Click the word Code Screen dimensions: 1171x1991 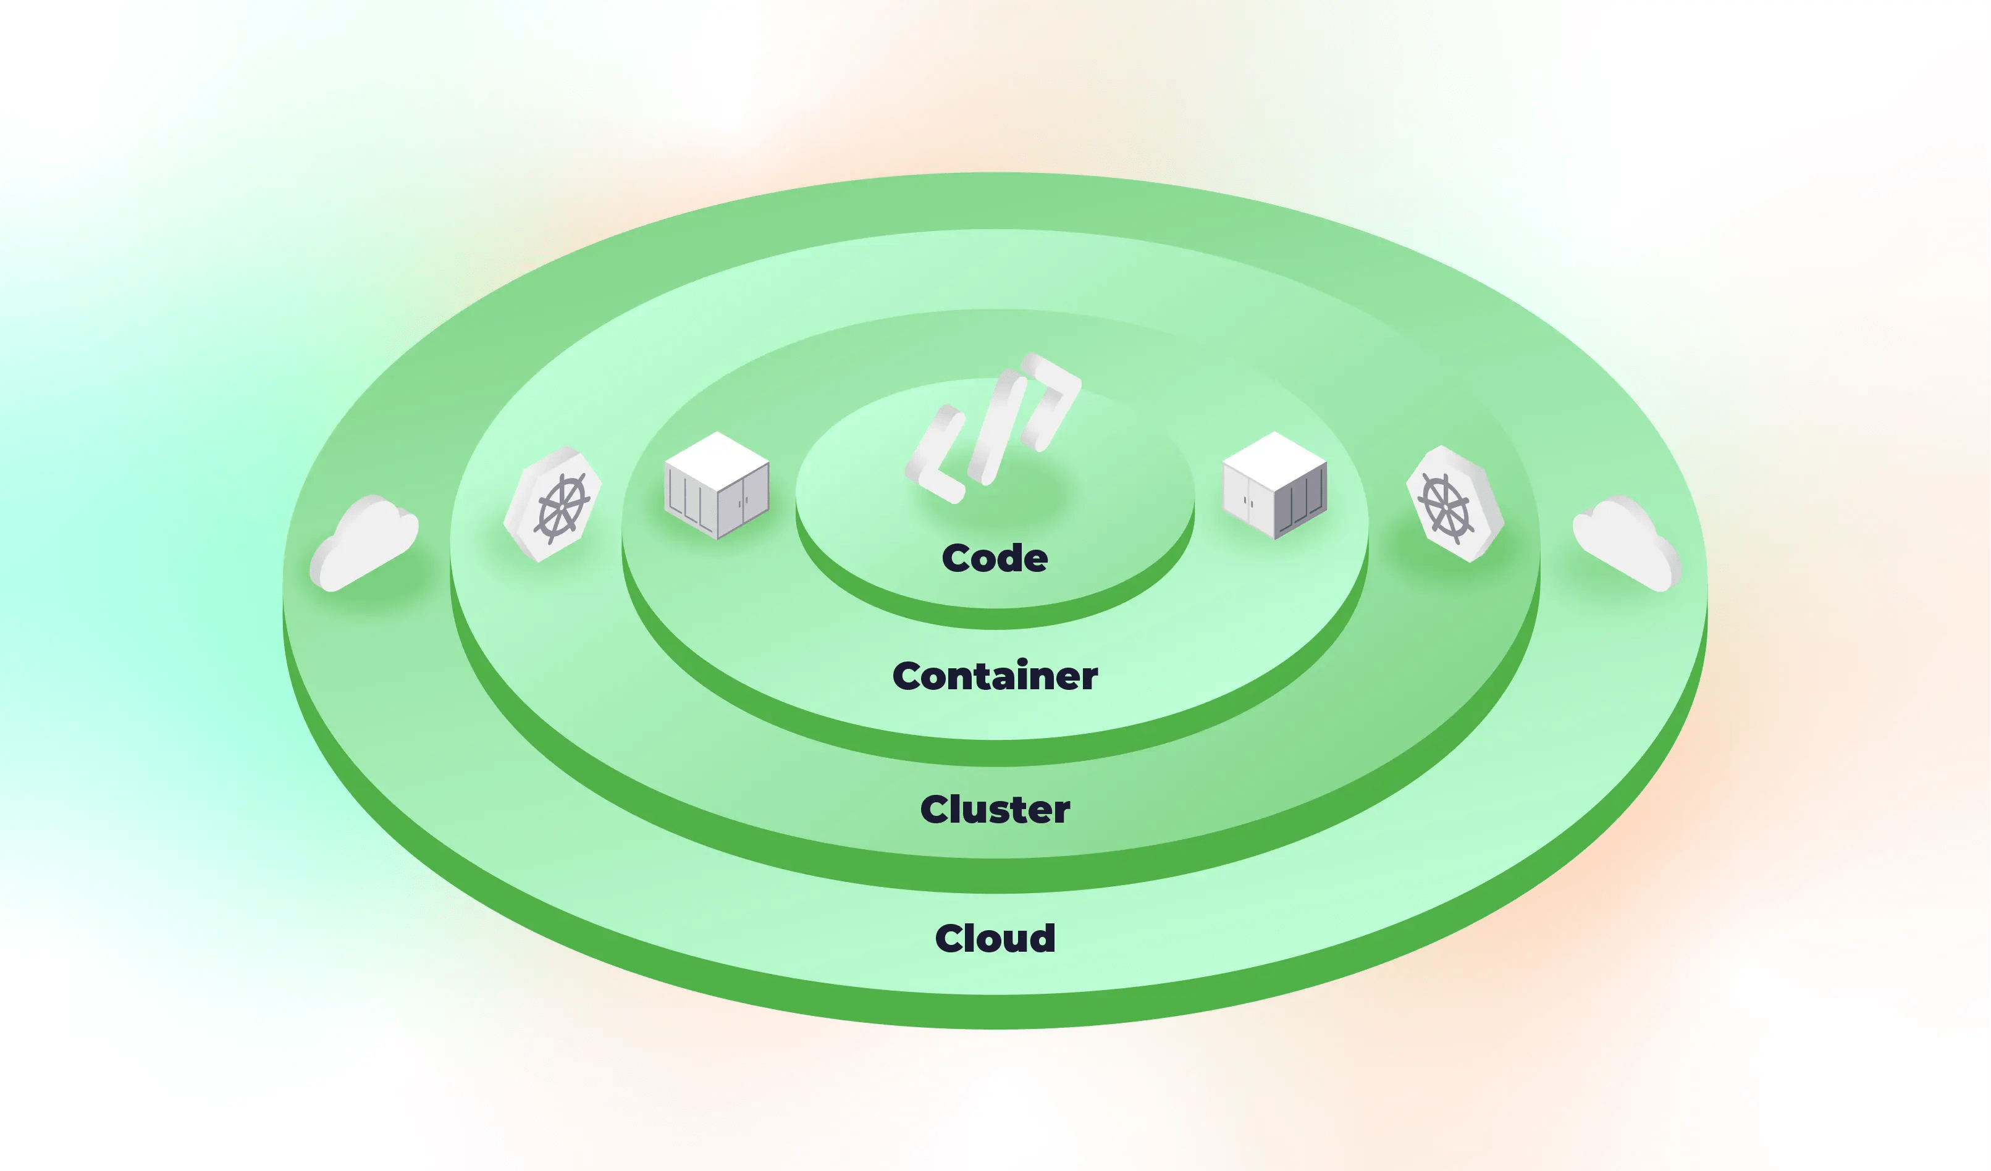coord(995,559)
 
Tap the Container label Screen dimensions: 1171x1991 coord(995,676)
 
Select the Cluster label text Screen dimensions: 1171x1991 coord(995,810)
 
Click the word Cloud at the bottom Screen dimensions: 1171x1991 coord(995,939)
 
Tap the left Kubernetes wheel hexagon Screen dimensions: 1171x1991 coord(553,503)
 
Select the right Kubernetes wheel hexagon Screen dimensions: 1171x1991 coord(1455,503)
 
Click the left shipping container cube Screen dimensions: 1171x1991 coord(717,485)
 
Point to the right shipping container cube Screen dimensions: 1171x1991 coord(1274,485)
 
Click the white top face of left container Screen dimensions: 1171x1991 coord(717,460)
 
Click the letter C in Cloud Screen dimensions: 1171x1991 coord(952,939)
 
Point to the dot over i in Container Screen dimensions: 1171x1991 coord(1022,662)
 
